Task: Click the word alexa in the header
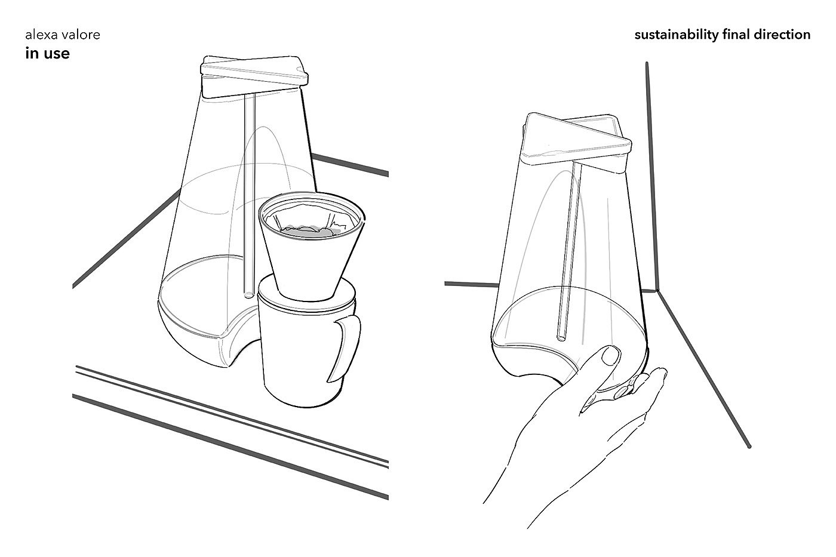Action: (42, 35)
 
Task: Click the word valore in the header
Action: (81, 35)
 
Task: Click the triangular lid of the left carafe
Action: (254, 76)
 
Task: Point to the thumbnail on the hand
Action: (610, 356)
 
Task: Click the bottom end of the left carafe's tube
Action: (248, 295)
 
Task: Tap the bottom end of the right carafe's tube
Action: (561, 338)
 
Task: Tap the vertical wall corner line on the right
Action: (651, 177)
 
